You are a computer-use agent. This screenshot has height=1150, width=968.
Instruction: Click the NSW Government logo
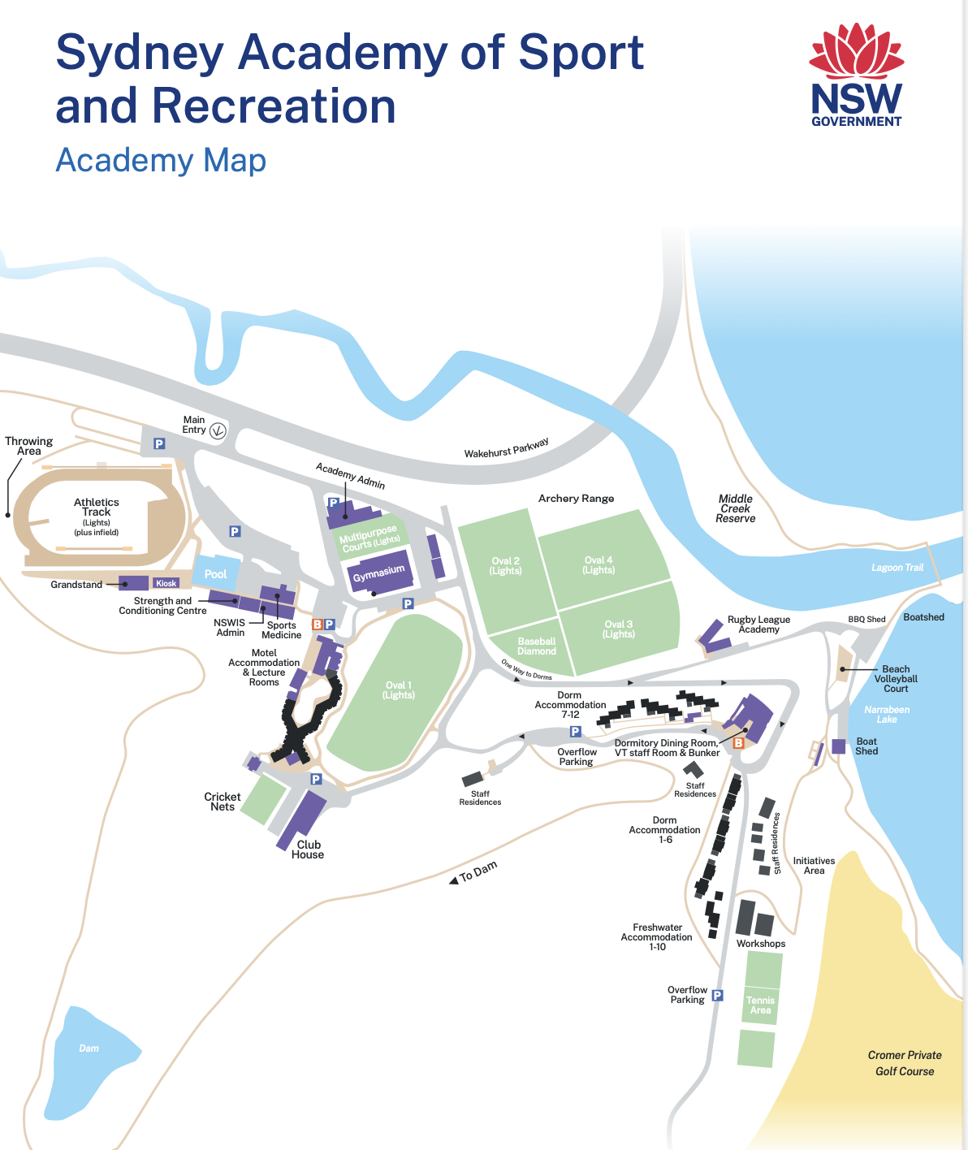857,76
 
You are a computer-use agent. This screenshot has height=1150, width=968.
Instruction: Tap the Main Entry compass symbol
218,430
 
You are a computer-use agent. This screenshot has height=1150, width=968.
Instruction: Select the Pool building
216,573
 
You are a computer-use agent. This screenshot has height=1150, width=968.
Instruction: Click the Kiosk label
166,583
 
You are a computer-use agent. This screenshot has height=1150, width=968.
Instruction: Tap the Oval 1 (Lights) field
398,690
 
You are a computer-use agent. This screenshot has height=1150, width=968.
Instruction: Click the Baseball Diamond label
537,646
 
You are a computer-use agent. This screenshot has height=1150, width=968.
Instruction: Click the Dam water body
89,1056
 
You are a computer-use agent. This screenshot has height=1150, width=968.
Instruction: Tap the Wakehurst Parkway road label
507,448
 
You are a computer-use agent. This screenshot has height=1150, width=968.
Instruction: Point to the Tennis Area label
761,1005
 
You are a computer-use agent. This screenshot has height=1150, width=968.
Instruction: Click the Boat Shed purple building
838,746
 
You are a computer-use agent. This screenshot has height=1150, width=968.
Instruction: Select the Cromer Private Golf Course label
905,1063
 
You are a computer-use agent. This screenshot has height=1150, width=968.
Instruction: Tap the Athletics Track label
97,508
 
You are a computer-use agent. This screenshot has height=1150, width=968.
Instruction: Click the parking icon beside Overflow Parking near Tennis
718,995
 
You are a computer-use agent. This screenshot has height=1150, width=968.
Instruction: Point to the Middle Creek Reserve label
736,508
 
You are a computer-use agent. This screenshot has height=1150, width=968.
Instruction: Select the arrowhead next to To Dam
453,880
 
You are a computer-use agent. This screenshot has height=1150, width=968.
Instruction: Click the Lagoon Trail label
897,568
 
